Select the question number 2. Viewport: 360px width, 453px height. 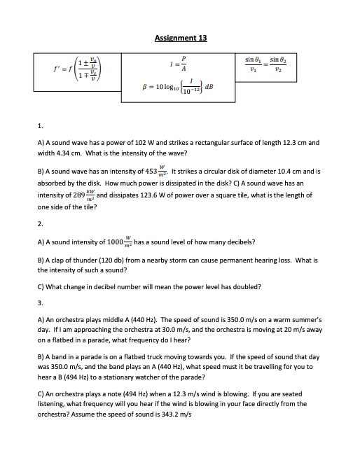[40, 225]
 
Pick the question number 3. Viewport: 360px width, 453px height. [40, 302]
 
